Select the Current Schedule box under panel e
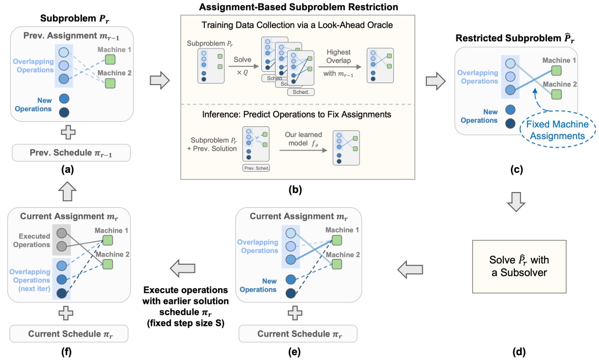tap(297, 334)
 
